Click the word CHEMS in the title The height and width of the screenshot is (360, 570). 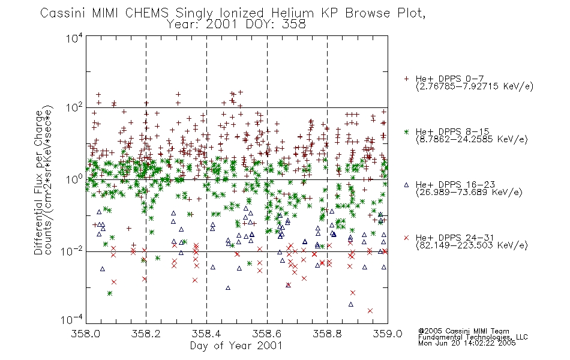tap(147, 13)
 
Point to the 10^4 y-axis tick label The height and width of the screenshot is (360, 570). tap(74, 38)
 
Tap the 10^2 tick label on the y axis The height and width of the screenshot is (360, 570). tap(74, 108)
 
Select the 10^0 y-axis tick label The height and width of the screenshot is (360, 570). tap(74, 179)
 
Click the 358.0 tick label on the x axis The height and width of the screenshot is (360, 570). tap(86, 334)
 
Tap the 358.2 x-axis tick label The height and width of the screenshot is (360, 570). tap(146, 334)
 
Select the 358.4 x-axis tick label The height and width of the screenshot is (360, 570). tap(206, 334)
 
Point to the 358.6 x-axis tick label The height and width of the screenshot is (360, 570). tap(267, 334)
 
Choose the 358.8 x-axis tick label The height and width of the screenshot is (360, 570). tap(327, 334)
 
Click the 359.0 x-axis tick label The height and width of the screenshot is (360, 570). tap(388, 334)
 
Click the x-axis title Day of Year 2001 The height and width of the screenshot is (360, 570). tap(236, 346)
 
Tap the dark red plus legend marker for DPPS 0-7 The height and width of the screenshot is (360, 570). tap(406, 79)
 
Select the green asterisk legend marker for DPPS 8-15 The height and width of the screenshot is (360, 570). tap(406, 131)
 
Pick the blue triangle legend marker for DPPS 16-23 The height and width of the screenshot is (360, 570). tap(406, 185)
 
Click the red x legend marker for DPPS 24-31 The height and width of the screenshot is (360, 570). tap(406, 238)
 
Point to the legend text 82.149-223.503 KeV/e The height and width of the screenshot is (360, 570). tap(472, 245)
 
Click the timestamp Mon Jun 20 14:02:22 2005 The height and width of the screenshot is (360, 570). tap(467, 343)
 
